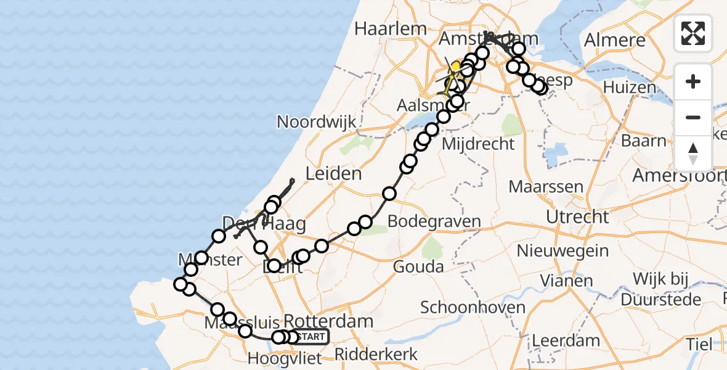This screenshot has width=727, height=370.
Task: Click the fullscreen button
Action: click(693, 33)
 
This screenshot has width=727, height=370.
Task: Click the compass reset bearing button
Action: click(693, 154)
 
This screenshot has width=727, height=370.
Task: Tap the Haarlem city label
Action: click(391, 28)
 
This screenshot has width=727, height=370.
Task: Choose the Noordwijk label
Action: click(316, 121)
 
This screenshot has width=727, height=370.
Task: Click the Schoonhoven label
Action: click(473, 307)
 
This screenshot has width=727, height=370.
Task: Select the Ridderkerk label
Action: click(376, 355)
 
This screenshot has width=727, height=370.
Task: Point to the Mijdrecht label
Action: click(478, 144)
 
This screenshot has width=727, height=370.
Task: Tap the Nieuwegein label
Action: click(563, 252)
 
